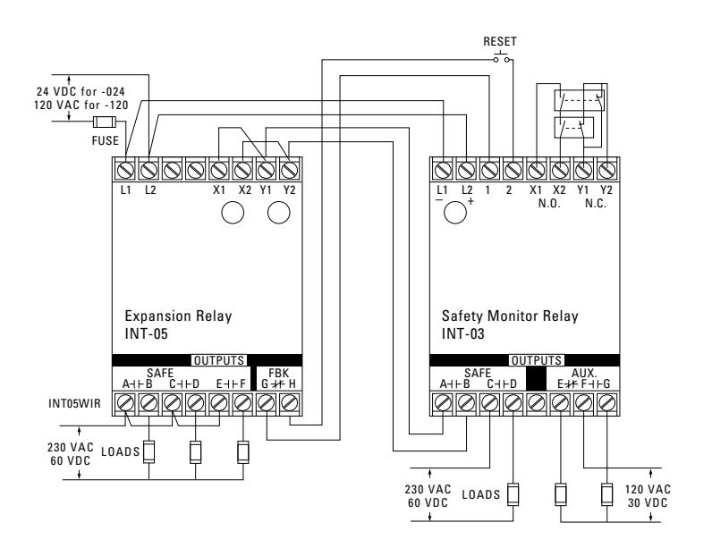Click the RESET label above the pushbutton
(499, 42)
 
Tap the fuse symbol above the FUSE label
(105, 122)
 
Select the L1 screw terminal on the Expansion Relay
(125, 171)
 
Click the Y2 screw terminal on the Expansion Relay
(289, 171)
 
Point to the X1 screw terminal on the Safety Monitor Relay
(537, 171)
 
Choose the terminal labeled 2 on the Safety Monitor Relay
(513, 171)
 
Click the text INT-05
(146, 334)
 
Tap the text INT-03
(463, 334)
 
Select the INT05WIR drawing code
(74, 403)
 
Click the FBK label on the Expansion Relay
(279, 373)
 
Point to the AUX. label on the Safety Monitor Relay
(584, 373)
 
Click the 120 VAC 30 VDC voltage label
(648, 496)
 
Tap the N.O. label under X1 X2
(549, 203)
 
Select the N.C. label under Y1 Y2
(596, 203)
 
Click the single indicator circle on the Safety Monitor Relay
(455, 213)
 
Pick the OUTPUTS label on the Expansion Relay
(219, 361)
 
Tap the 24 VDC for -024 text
(81, 92)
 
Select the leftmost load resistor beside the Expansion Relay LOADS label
(149, 452)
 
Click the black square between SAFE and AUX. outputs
(537, 378)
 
